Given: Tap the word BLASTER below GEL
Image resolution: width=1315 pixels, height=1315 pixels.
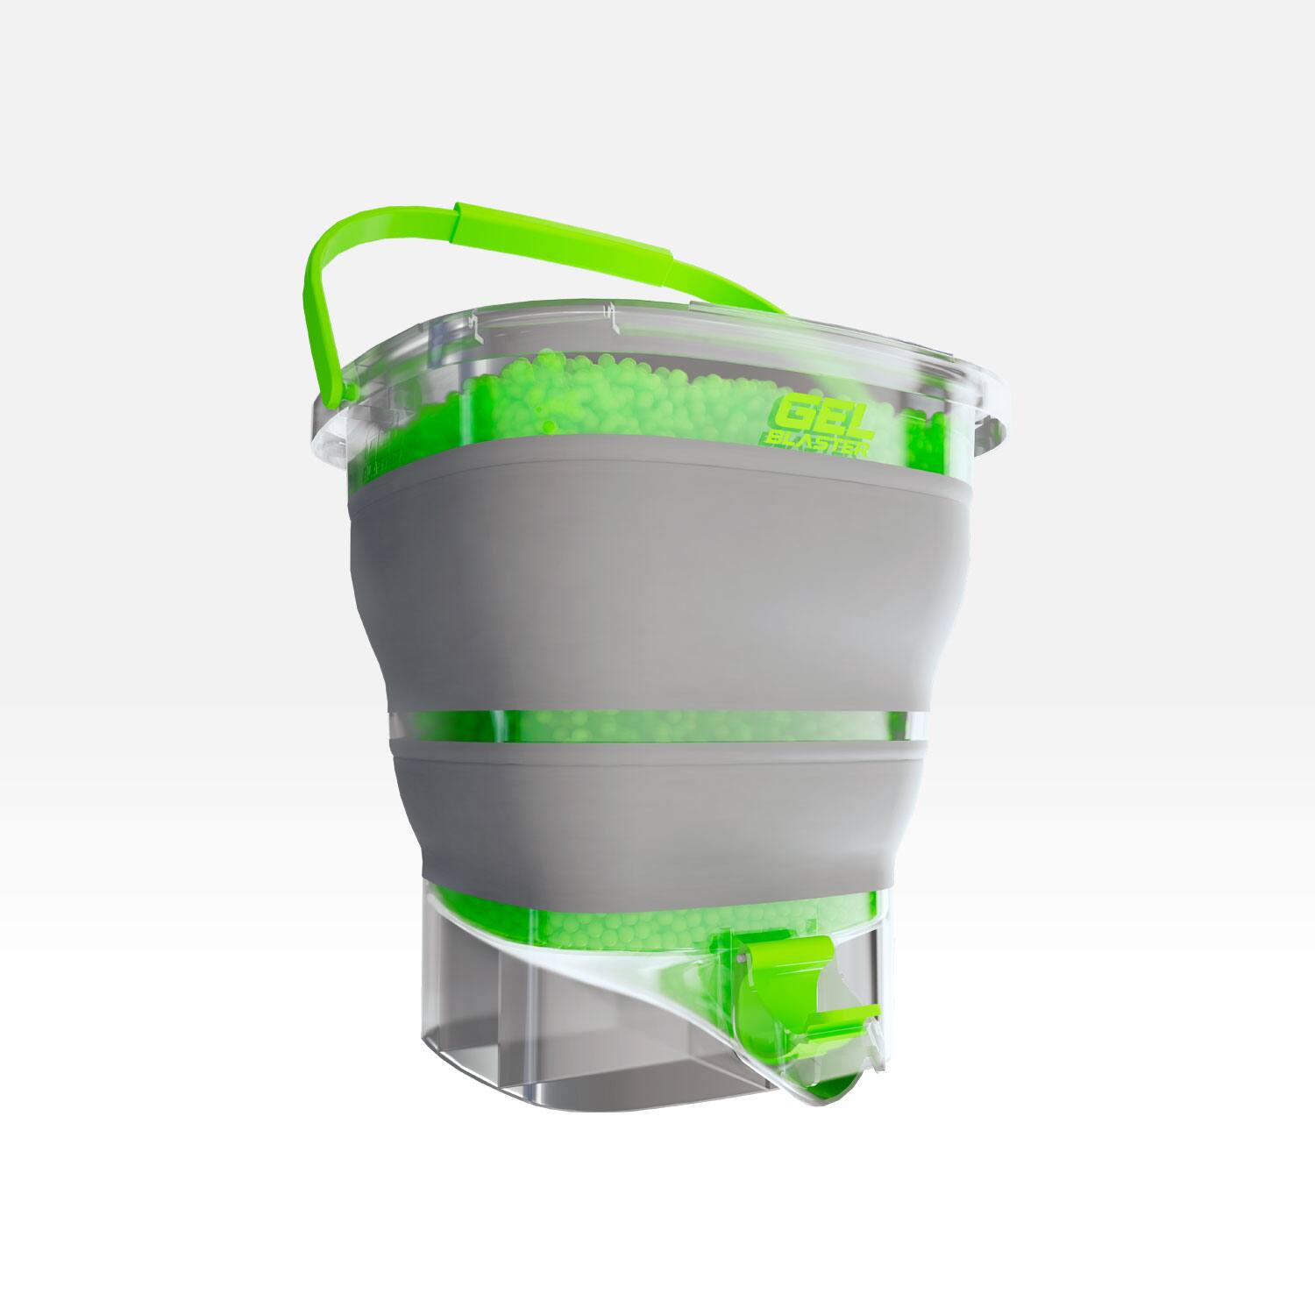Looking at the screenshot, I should [821, 446].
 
